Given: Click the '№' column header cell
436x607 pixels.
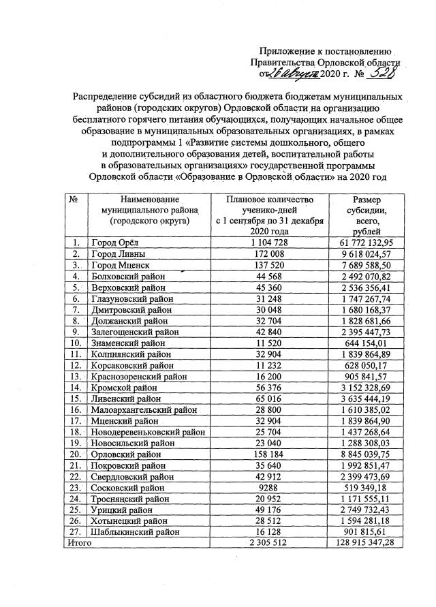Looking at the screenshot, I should [74, 199].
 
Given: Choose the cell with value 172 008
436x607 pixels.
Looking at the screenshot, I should [270, 253].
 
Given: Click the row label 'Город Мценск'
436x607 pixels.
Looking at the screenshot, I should [121, 264].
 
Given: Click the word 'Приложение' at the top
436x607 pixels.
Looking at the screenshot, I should [289, 51].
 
